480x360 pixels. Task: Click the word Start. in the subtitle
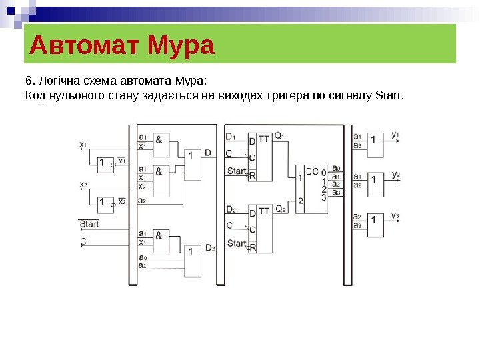(x=390, y=99)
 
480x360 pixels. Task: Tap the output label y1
(x=395, y=135)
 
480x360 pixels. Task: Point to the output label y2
(x=395, y=175)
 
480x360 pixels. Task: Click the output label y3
(x=395, y=215)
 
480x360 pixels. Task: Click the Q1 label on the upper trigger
(x=279, y=137)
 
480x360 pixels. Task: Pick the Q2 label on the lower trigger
(x=280, y=209)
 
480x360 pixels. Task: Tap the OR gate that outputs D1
(x=193, y=164)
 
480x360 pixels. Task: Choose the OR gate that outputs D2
(x=193, y=261)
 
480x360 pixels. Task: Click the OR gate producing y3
(x=375, y=225)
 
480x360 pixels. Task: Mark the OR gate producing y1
(x=375, y=144)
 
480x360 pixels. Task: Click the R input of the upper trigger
(x=253, y=175)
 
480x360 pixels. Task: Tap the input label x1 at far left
(x=83, y=144)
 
